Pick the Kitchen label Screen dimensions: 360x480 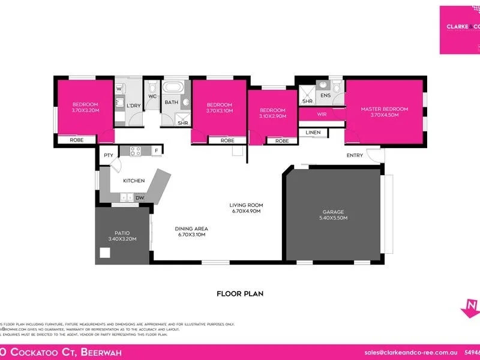(x=134, y=181)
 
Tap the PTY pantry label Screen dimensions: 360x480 (x=109, y=155)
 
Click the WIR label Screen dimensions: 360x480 (x=321, y=113)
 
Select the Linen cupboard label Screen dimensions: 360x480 (x=313, y=132)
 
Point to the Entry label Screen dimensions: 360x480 (x=355, y=155)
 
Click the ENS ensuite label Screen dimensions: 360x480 (x=326, y=95)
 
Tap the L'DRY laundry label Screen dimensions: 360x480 (x=133, y=106)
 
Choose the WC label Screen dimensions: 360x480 (x=152, y=96)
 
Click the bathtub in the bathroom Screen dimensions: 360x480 (x=176, y=89)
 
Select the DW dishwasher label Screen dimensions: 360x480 (x=139, y=197)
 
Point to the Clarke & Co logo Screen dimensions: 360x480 (x=460, y=29)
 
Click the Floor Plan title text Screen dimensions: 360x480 (x=240, y=294)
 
